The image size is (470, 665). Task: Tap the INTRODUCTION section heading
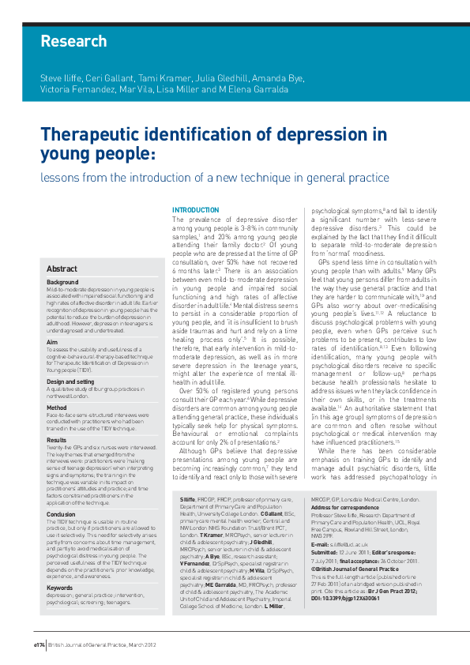(195, 209)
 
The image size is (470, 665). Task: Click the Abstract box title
(62, 269)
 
